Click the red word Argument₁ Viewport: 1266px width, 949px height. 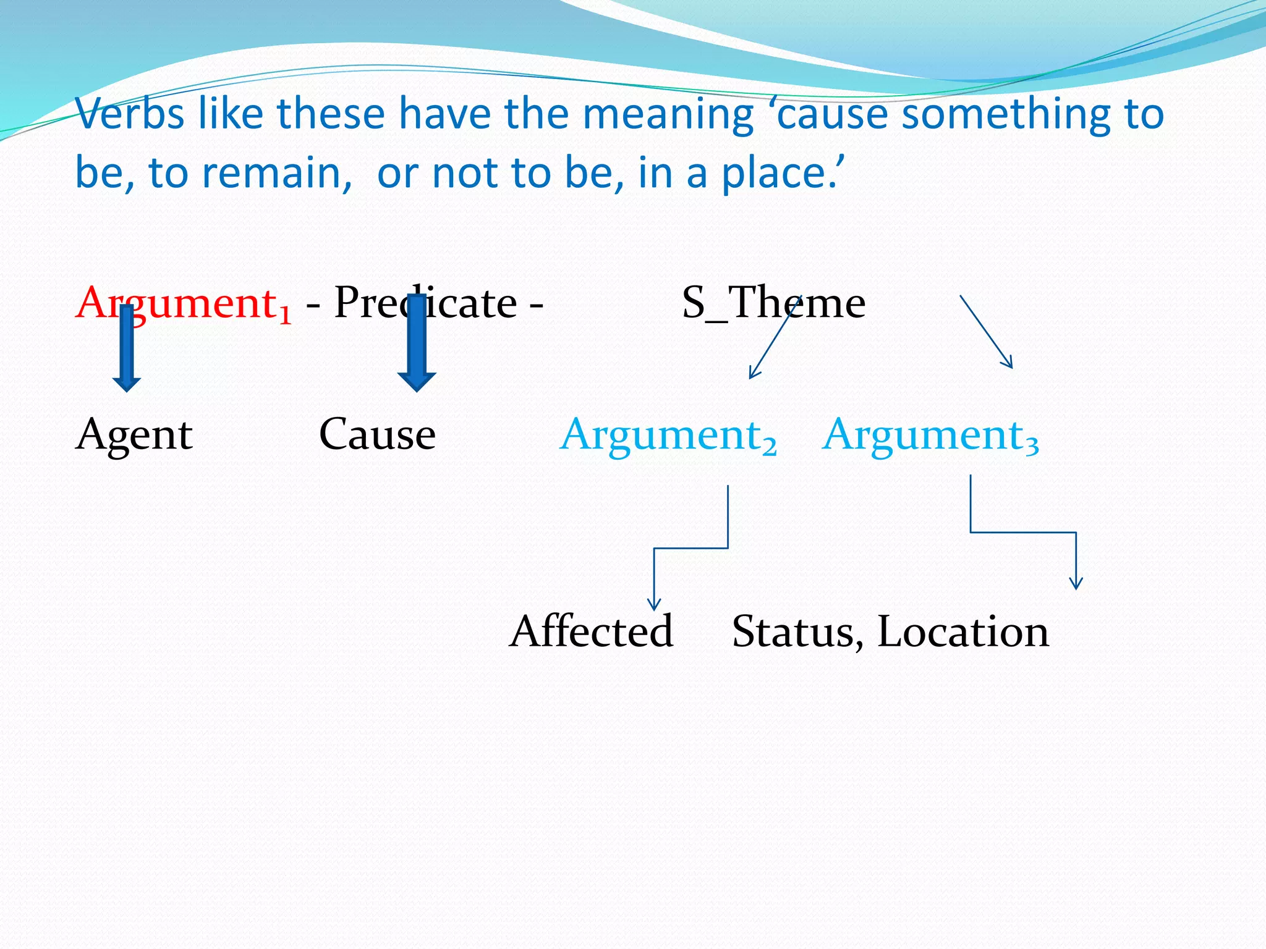[x=182, y=304]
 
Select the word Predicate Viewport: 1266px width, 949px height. [x=425, y=304]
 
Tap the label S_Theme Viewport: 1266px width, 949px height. [x=773, y=304]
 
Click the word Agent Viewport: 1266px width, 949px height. [x=134, y=435]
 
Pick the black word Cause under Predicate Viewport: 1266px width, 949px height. [x=377, y=435]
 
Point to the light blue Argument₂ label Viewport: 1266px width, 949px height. [x=668, y=435]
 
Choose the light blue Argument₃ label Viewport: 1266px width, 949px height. [x=930, y=435]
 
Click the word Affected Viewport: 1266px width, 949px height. [x=591, y=631]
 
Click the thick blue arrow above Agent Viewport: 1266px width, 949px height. [x=127, y=349]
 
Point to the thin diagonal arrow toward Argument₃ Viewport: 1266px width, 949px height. [x=987, y=332]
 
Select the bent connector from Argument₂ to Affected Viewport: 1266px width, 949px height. [x=690, y=548]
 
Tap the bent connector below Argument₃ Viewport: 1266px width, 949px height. [x=1023, y=532]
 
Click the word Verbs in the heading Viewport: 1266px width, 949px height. [x=130, y=114]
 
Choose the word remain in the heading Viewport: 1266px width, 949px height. [x=272, y=173]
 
